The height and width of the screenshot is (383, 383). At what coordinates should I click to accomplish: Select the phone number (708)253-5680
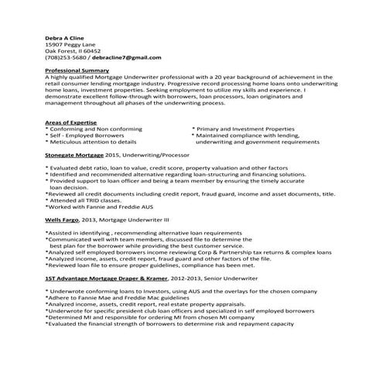(x=67, y=57)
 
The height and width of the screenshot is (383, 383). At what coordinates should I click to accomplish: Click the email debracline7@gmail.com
(x=121, y=57)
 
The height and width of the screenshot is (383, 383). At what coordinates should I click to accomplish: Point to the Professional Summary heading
(x=77, y=70)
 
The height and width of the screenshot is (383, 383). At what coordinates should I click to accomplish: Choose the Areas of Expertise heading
(x=71, y=123)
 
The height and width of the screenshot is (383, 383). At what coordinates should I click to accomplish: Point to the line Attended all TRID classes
(x=84, y=200)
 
